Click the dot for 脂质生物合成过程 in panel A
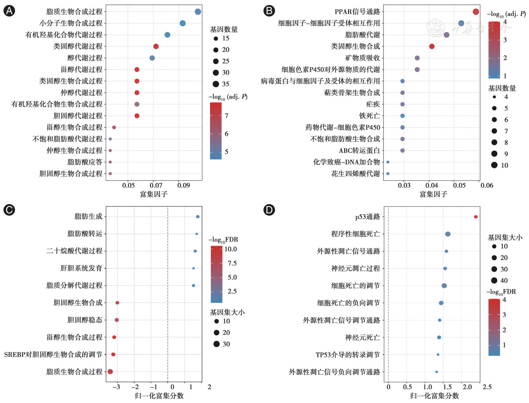tap(198, 12)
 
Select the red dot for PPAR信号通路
tap(476, 12)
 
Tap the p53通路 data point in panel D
tap(476, 217)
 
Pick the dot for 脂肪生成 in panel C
tap(198, 217)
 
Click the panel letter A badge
tap(9, 11)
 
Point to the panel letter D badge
tap(269, 210)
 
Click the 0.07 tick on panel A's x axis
tap(156, 185)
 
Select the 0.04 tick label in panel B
tap(432, 185)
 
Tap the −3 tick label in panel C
tap(116, 387)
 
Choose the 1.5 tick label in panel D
tap(447, 387)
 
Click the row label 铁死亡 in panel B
tap(370, 116)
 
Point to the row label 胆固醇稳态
tap(85, 320)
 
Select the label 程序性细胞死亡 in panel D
tap(356, 234)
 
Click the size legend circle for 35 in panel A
tap(216, 84)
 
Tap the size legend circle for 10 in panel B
tap(494, 165)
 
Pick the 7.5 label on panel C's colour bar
tap(232, 263)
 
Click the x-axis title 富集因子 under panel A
tap(154, 194)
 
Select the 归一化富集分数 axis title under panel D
tap(434, 396)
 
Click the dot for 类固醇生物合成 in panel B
tap(432, 46)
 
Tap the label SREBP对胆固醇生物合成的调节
tap(53, 355)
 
